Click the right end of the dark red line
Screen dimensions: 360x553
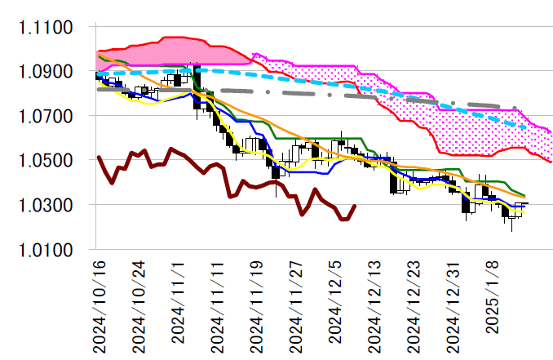pyautogui.click(x=353, y=207)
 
